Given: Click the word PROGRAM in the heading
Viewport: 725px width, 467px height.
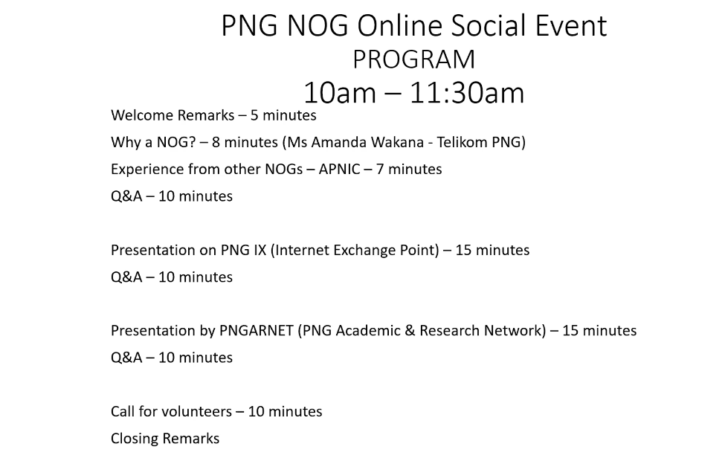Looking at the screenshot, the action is [x=414, y=59].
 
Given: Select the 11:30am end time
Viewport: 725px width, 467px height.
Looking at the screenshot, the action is [x=467, y=93].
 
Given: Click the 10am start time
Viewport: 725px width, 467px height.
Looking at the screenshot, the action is [x=340, y=93].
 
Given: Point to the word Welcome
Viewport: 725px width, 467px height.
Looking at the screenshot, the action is [x=142, y=115].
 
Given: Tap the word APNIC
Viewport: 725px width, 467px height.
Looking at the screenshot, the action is [x=339, y=170].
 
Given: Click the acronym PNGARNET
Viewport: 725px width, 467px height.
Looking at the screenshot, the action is [x=256, y=331].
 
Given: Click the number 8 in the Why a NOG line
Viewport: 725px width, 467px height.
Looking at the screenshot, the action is [x=216, y=142].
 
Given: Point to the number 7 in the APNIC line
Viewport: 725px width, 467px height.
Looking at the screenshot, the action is [x=380, y=170].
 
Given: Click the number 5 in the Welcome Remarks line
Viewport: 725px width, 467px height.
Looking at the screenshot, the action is [x=254, y=115].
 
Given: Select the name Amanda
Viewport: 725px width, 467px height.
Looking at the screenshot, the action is [x=339, y=142].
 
